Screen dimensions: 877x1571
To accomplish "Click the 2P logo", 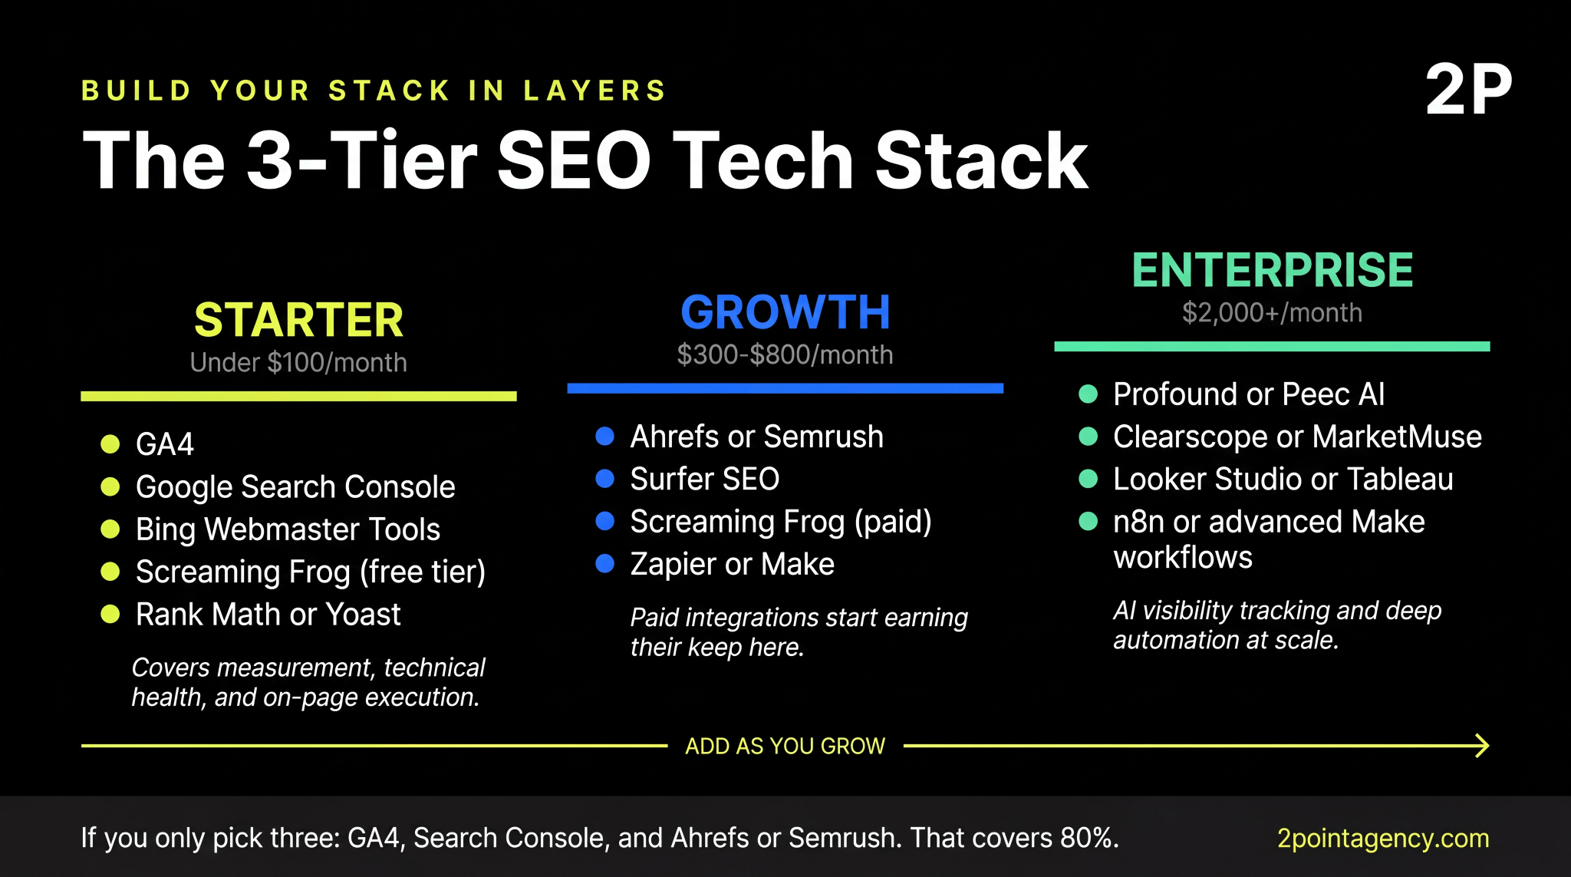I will (1468, 91).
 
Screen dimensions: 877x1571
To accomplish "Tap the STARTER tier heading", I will (298, 320).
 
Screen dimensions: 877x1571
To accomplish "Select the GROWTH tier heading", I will (785, 312).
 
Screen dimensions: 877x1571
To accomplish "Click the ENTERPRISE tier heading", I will (1272, 270).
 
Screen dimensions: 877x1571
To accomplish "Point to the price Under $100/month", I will (298, 362).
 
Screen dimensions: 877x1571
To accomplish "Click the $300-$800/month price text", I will (785, 354).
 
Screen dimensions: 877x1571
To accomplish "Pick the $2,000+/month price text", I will (1272, 312).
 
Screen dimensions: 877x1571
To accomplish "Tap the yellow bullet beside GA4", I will (110, 444).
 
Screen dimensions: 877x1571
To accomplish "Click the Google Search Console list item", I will (295, 487).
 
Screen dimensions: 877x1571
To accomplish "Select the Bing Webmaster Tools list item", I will (288, 529).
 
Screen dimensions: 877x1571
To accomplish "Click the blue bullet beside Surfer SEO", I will (605, 479).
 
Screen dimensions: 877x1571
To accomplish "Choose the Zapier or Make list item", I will (732, 564).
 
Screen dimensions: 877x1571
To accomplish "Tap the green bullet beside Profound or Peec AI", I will (1088, 394).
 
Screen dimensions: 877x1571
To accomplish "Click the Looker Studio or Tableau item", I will (1283, 480).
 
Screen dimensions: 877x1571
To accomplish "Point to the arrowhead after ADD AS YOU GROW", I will (1482, 746).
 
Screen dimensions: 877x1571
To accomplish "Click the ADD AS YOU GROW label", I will (785, 746).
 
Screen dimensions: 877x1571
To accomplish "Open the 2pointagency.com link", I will (1382, 838).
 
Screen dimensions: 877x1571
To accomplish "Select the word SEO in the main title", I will (574, 160).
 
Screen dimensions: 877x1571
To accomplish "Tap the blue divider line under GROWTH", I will (785, 388).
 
